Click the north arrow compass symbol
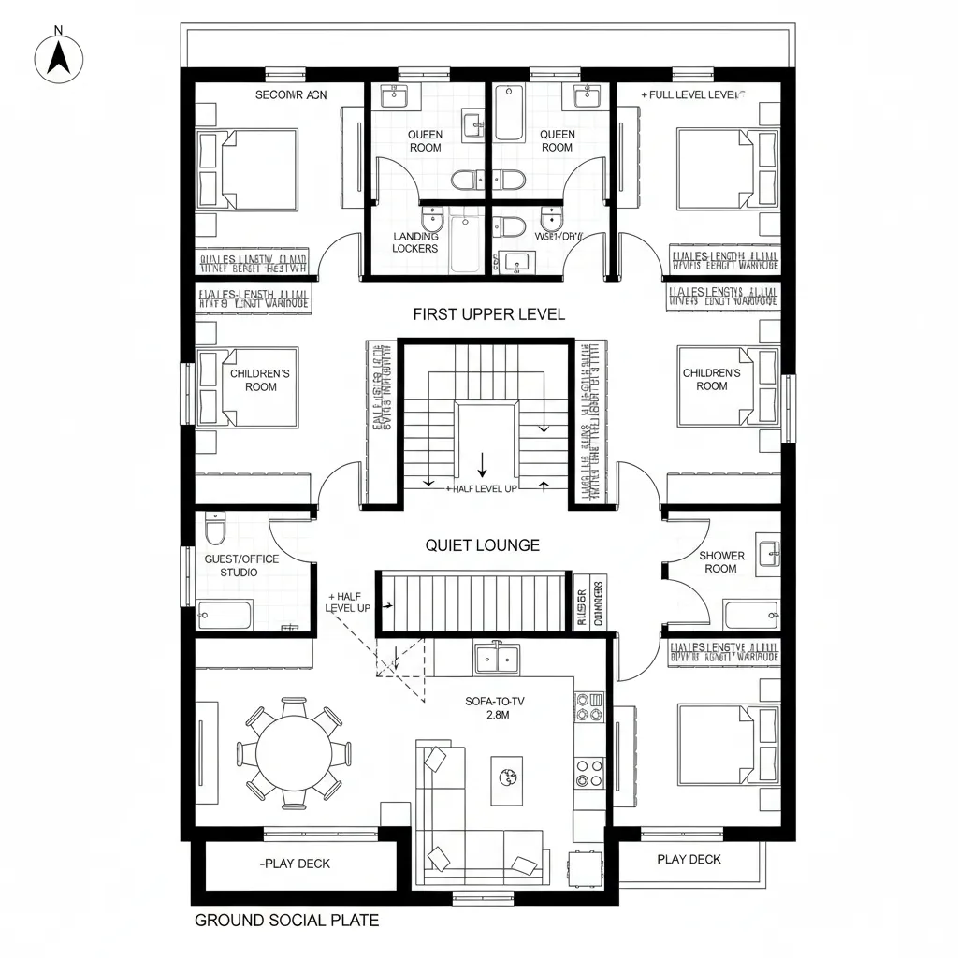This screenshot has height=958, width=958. coord(59,58)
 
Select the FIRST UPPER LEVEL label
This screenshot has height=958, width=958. coord(488,314)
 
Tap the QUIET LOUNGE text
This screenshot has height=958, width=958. coord(482,545)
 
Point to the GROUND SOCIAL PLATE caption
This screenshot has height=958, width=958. coord(286,921)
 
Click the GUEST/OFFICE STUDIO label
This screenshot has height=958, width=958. coord(241,565)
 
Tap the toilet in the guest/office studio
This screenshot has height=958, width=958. coord(215,530)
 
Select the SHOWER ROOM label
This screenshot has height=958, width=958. coord(721,562)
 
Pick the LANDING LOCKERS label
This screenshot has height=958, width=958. coord(415,243)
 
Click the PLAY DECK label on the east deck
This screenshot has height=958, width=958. coord(689,860)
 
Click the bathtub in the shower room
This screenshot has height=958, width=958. coord(750,615)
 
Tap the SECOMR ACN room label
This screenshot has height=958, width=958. coord(291,94)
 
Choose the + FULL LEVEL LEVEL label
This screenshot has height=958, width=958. coord(692,94)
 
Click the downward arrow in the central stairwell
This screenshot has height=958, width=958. coord(483,462)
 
